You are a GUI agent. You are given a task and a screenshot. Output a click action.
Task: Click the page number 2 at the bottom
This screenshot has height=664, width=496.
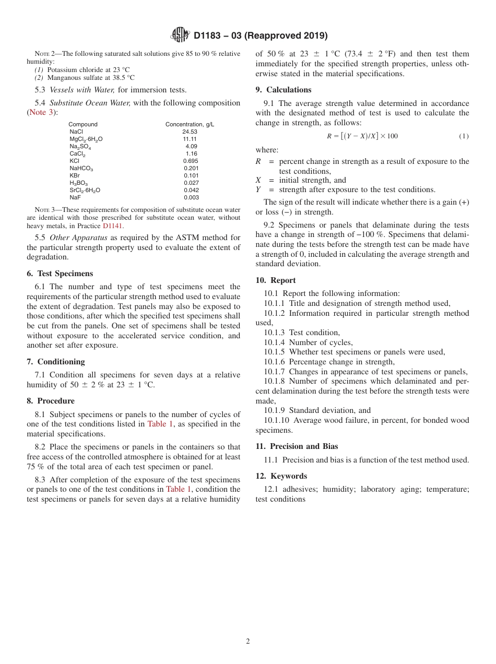click(x=248, y=642)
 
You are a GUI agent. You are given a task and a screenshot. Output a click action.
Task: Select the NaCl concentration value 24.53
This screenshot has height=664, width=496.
click(x=190, y=132)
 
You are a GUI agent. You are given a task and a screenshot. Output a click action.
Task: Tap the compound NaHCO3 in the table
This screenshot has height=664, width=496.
click(x=81, y=169)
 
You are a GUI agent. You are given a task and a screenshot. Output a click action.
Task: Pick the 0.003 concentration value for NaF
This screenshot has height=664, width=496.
click(x=191, y=198)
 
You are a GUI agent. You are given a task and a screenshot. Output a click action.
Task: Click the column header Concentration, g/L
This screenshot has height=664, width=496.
click(x=190, y=125)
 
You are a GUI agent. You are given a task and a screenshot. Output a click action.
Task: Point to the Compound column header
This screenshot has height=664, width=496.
click(x=83, y=125)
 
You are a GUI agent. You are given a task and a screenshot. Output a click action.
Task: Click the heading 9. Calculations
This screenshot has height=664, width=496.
click(x=283, y=90)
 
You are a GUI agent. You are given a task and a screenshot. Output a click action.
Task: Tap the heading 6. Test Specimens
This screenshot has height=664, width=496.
click(x=60, y=274)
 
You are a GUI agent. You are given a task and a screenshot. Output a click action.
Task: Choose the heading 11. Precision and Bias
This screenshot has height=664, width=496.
click(x=297, y=446)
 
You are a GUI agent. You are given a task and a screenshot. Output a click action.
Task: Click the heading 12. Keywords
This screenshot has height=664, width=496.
click(x=281, y=476)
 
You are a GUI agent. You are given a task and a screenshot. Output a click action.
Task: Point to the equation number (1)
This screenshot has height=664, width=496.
click(x=463, y=136)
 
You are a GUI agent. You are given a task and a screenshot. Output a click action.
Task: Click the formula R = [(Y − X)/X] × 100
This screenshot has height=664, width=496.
click(x=362, y=136)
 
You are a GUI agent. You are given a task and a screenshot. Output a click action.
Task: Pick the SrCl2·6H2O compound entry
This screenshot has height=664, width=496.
click(x=85, y=191)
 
